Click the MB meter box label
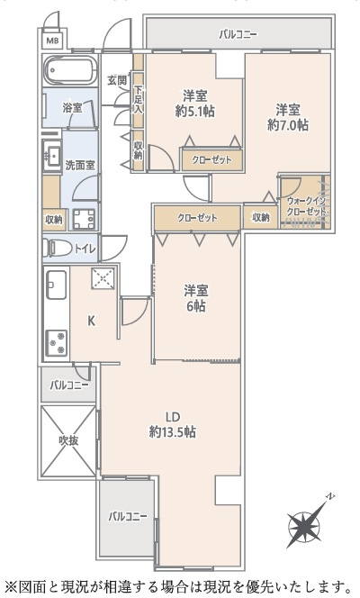[x=51, y=41]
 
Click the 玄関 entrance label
[x=117, y=80]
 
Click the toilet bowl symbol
[x=56, y=246]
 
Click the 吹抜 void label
[x=68, y=440]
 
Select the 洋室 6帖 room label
[x=195, y=298]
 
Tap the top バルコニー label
[x=238, y=35]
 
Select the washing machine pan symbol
[x=86, y=219]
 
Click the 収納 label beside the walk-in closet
[x=260, y=217]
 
